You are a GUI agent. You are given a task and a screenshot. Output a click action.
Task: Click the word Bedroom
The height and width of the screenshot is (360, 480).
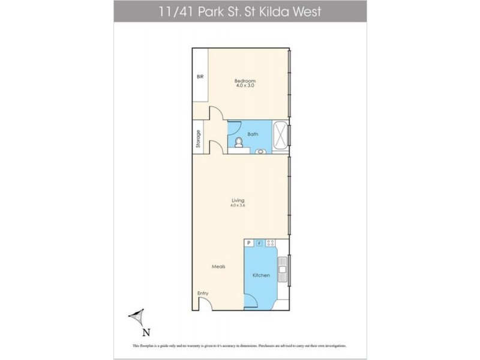[245, 81]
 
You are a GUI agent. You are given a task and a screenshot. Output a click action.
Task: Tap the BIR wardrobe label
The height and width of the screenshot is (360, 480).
[200, 77]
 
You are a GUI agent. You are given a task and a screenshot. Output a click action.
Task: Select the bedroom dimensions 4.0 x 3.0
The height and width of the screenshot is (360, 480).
[245, 86]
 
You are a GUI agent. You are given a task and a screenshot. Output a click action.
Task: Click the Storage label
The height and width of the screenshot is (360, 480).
[197, 139]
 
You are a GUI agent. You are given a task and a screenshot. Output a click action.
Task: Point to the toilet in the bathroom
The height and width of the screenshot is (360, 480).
[238, 142]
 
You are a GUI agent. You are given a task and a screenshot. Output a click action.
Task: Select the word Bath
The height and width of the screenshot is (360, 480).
[253, 134]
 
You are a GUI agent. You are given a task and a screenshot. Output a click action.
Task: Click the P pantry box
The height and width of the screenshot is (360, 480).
[248, 243]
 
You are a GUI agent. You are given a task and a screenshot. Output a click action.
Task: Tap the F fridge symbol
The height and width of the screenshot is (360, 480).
[260, 243]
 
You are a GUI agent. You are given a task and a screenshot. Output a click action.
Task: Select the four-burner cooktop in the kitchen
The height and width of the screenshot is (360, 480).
[271, 243]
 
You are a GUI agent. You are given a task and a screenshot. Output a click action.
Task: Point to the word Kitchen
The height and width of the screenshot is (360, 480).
[261, 275]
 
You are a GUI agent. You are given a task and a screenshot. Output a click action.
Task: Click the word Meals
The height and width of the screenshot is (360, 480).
[218, 266]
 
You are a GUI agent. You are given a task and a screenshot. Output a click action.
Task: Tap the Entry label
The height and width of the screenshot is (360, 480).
[203, 293]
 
